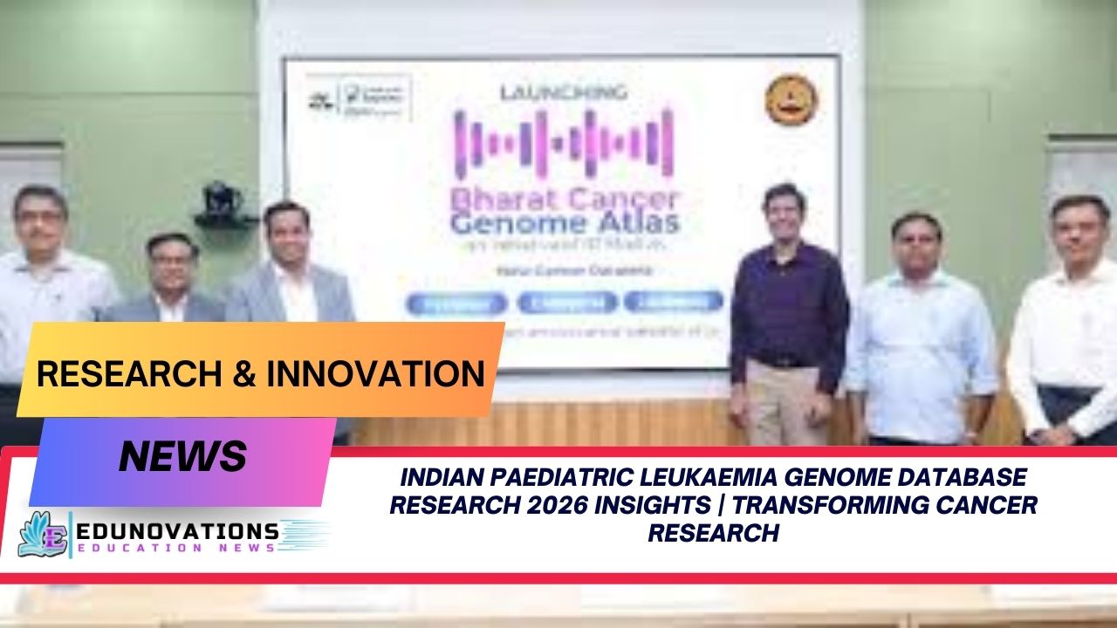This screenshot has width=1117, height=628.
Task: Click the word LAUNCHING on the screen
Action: click(563, 92)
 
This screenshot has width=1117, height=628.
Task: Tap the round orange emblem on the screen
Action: click(791, 99)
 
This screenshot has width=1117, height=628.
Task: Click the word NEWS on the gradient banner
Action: click(182, 455)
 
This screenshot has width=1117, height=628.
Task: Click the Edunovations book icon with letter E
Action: click(43, 534)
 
